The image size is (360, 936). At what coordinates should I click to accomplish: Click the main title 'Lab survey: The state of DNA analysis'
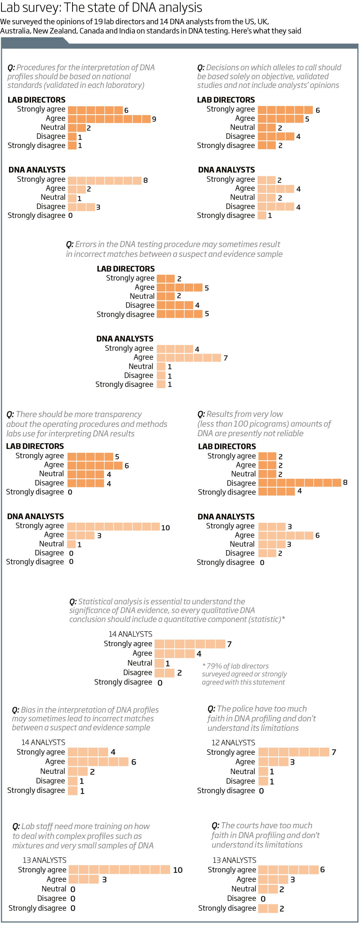click(x=101, y=8)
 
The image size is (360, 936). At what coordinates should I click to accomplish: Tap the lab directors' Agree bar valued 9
click(x=109, y=119)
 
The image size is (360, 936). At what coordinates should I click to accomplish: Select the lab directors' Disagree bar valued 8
click(x=300, y=482)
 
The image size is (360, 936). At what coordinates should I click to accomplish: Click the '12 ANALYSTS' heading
click(x=233, y=742)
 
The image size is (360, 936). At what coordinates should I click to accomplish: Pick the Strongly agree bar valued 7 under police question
click(x=294, y=752)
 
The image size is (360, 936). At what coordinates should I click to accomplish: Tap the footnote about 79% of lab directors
click(x=244, y=674)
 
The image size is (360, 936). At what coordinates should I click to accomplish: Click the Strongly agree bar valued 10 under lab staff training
click(x=119, y=870)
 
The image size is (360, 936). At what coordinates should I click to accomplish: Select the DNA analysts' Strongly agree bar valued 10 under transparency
click(x=113, y=526)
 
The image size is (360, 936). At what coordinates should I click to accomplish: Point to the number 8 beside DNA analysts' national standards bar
click(x=145, y=180)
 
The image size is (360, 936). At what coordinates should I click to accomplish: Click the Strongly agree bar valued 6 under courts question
click(x=288, y=870)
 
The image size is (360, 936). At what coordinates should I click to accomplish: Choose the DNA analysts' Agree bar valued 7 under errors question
click(x=189, y=358)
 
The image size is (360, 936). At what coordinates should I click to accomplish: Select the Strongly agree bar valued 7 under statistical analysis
click(x=190, y=644)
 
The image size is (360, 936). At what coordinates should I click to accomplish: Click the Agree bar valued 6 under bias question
click(x=98, y=761)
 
